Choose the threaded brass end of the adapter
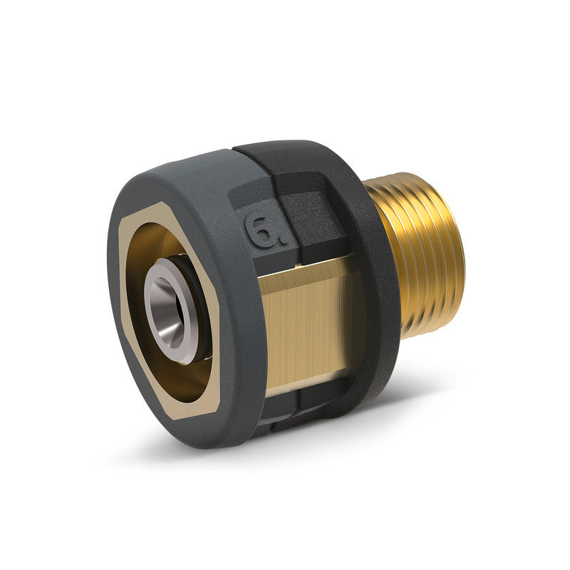click(420, 256)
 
